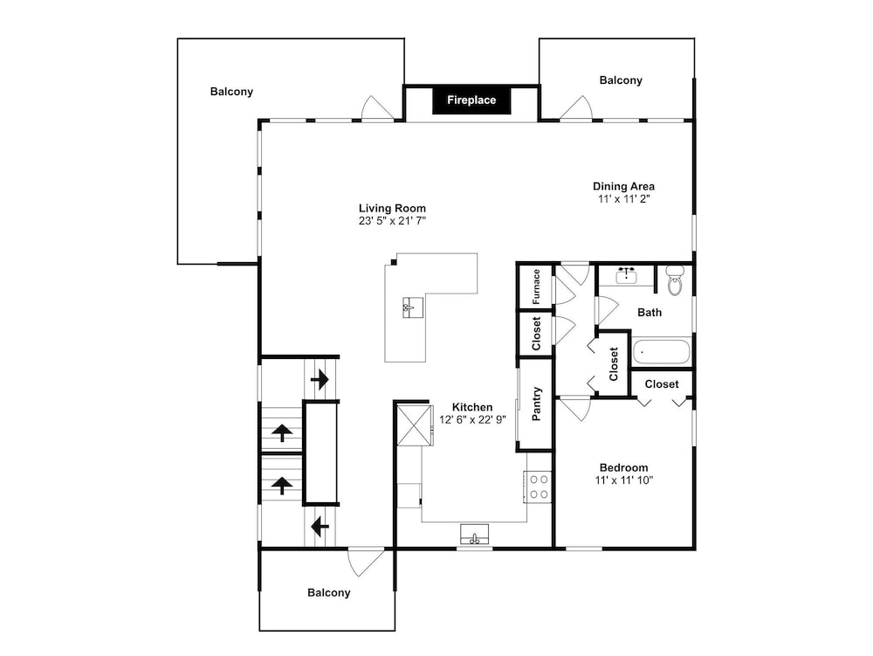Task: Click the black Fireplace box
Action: (x=471, y=100)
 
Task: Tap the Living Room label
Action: (x=392, y=208)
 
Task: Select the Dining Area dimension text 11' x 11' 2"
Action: (x=624, y=199)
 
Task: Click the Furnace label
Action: (x=536, y=287)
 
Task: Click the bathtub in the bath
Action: (x=662, y=351)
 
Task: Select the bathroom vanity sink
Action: (x=628, y=276)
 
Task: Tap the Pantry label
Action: (x=537, y=404)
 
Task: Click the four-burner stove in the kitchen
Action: (x=538, y=487)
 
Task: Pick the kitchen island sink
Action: (x=413, y=307)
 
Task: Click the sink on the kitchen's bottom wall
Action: (x=474, y=535)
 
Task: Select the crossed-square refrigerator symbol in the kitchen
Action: (x=415, y=425)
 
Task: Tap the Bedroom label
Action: (x=623, y=468)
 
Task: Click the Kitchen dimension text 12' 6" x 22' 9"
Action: (x=472, y=419)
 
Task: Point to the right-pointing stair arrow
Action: (x=320, y=380)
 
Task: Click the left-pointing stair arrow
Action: (x=320, y=526)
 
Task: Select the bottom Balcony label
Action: (x=328, y=592)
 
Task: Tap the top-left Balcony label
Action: (x=231, y=92)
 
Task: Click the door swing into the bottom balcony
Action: (x=367, y=563)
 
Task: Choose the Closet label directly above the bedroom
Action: (x=662, y=384)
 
